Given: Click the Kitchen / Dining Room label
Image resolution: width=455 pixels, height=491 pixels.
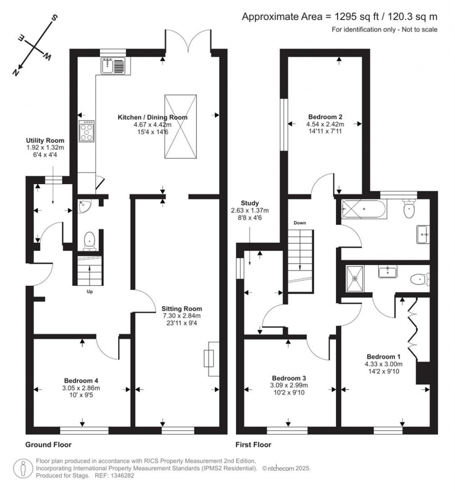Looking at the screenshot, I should (152, 117).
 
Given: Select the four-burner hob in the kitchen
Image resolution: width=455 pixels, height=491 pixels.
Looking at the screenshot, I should (87, 131).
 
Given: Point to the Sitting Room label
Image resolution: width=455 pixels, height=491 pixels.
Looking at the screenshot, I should (182, 309).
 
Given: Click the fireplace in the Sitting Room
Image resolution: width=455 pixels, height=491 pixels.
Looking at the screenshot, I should (209, 358).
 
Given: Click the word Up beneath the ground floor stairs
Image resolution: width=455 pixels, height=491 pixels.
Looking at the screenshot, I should (90, 292).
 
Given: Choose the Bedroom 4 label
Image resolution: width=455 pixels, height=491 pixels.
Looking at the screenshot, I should (81, 381).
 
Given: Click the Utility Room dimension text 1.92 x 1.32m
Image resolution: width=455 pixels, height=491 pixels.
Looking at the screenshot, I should (45, 148).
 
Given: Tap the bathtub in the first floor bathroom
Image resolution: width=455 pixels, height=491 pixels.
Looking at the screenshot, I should (364, 208).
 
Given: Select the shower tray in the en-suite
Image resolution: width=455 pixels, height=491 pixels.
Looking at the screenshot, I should (355, 278).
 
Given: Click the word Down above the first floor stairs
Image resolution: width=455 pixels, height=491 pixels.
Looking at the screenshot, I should (299, 223).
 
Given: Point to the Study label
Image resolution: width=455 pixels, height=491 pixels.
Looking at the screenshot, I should (251, 203).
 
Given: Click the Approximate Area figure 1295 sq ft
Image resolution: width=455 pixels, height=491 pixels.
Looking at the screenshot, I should (349, 17).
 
